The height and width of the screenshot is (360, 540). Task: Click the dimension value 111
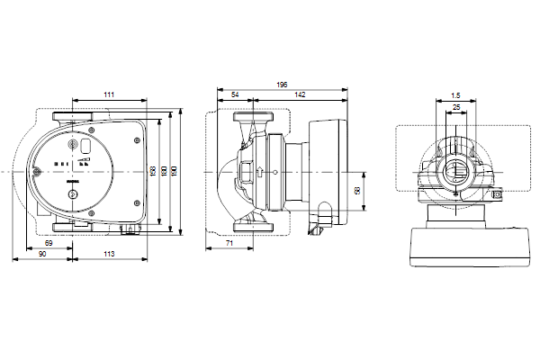[108, 94]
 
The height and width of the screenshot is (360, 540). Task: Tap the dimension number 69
[49, 244]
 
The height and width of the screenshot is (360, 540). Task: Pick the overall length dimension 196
[283, 85]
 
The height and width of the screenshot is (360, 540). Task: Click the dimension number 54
[236, 94]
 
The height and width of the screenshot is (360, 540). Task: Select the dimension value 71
[229, 244]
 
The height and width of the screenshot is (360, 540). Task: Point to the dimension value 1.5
[455, 94]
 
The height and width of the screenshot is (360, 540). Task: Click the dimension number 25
[456, 107]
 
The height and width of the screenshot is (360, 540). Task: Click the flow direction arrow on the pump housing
[260, 171]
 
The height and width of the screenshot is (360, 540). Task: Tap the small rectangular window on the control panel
[85, 145]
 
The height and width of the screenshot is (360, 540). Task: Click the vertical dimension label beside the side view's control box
[357, 191]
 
